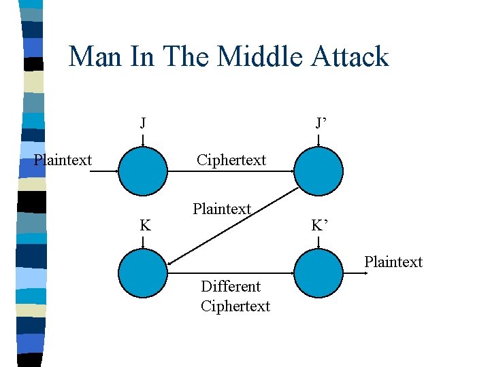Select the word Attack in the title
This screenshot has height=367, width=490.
[x=349, y=56]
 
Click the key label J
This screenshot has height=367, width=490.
[x=142, y=123]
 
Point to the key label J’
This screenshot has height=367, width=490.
[x=321, y=123]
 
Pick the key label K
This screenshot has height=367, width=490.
[x=145, y=225]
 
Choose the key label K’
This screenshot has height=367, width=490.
[x=321, y=225]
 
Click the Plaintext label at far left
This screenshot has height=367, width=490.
[x=63, y=160]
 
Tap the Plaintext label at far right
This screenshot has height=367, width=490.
[x=393, y=262]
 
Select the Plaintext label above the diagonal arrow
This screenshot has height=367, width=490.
[x=222, y=209]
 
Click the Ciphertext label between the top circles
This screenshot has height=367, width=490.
[x=231, y=160]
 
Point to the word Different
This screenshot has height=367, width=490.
[x=231, y=286]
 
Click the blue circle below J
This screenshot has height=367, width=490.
[x=143, y=172]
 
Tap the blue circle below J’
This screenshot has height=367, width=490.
[x=319, y=172]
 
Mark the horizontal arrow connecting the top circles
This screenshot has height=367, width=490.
[x=231, y=172]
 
